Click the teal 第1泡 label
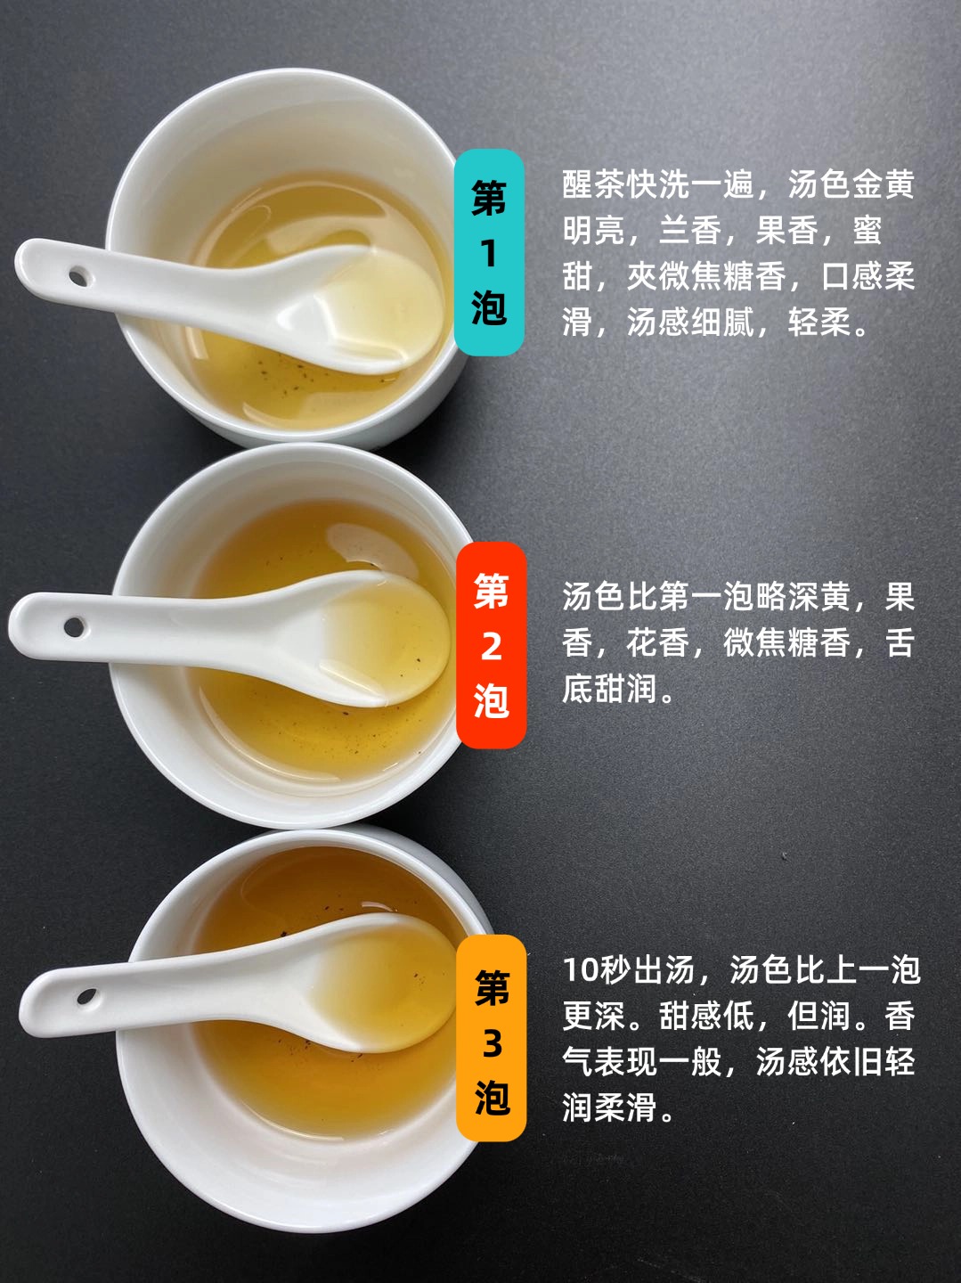(x=489, y=252)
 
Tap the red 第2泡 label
(x=492, y=645)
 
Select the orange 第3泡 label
(x=492, y=1039)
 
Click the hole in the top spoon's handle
(x=78, y=275)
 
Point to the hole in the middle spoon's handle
(x=74, y=627)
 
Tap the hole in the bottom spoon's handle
(x=87, y=995)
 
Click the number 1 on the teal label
(x=490, y=254)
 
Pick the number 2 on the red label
(x=492, y=646)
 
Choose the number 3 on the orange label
(x=492, y=1042)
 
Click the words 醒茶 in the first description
(x=593, y=184)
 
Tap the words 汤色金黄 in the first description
(x=851, y=184)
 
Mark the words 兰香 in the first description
(x=690, y=230)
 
